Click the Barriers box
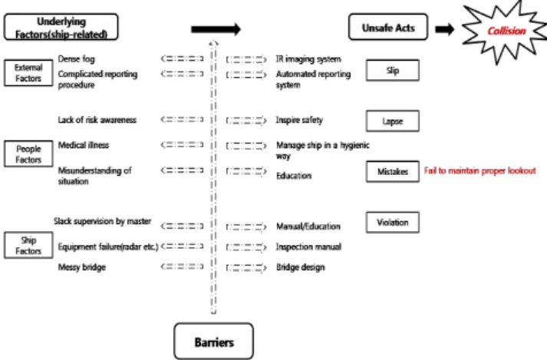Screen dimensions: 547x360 click(x=213, y=341)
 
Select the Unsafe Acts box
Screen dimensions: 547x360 click(x=388, y=27)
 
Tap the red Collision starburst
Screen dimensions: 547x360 click(x=506, y=31)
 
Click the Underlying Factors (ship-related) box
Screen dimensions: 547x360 click(x=61, y=27)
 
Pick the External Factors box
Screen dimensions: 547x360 click(x=28, y=73)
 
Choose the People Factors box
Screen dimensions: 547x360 click(x=28, y=154)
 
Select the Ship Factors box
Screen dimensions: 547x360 click(x=28, y=245)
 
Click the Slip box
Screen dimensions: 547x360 click(x=393, y=70)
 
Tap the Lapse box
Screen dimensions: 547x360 click(x=393, y=121)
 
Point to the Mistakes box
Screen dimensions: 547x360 click(x=393, y=171)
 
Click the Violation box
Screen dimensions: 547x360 click(x=393, y=222)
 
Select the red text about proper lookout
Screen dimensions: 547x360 click(x=479, y=170)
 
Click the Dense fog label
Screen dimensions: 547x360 click(x=77, y=59)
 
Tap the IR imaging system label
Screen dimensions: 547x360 click(x=308, y=59)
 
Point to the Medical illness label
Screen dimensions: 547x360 click(x=84, y=145)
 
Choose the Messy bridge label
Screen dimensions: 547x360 click(x=81, y=267)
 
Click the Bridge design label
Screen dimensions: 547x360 click(x=301, y=267)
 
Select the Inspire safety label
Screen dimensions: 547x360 click(x=299, y=120)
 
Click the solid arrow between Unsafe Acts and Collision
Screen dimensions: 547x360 click(x=445, y=29)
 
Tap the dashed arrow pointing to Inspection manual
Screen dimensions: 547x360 click(x=246, y=247)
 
